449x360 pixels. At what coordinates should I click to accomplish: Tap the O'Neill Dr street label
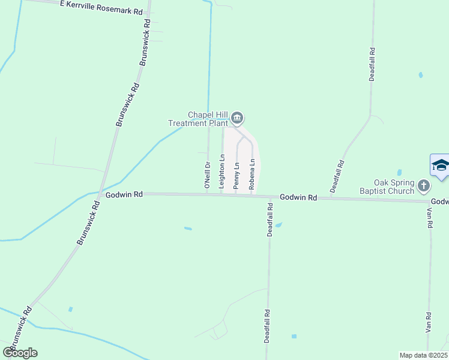tap(207, 176)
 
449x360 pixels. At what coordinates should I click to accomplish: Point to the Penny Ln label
tap(237, 173)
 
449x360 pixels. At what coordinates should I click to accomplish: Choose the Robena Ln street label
tap(253, 174)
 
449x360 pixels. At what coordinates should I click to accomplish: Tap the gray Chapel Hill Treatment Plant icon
tap(237, 118)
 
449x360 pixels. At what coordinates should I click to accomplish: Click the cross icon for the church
tap(424, 186)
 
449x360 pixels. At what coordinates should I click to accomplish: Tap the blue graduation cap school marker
tap(440, 166)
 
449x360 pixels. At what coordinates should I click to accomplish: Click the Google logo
tap(20, 353)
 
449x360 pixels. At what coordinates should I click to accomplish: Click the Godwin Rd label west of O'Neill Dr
tap(124, 194)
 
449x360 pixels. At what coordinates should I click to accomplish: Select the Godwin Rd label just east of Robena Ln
tap(298, 197)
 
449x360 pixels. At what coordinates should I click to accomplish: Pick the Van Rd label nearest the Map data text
tap(429, 322)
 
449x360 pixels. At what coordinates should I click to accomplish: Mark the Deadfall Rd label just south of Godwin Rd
tap(270, 220)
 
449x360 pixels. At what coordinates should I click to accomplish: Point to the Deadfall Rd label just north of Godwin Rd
tap(340, 177)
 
